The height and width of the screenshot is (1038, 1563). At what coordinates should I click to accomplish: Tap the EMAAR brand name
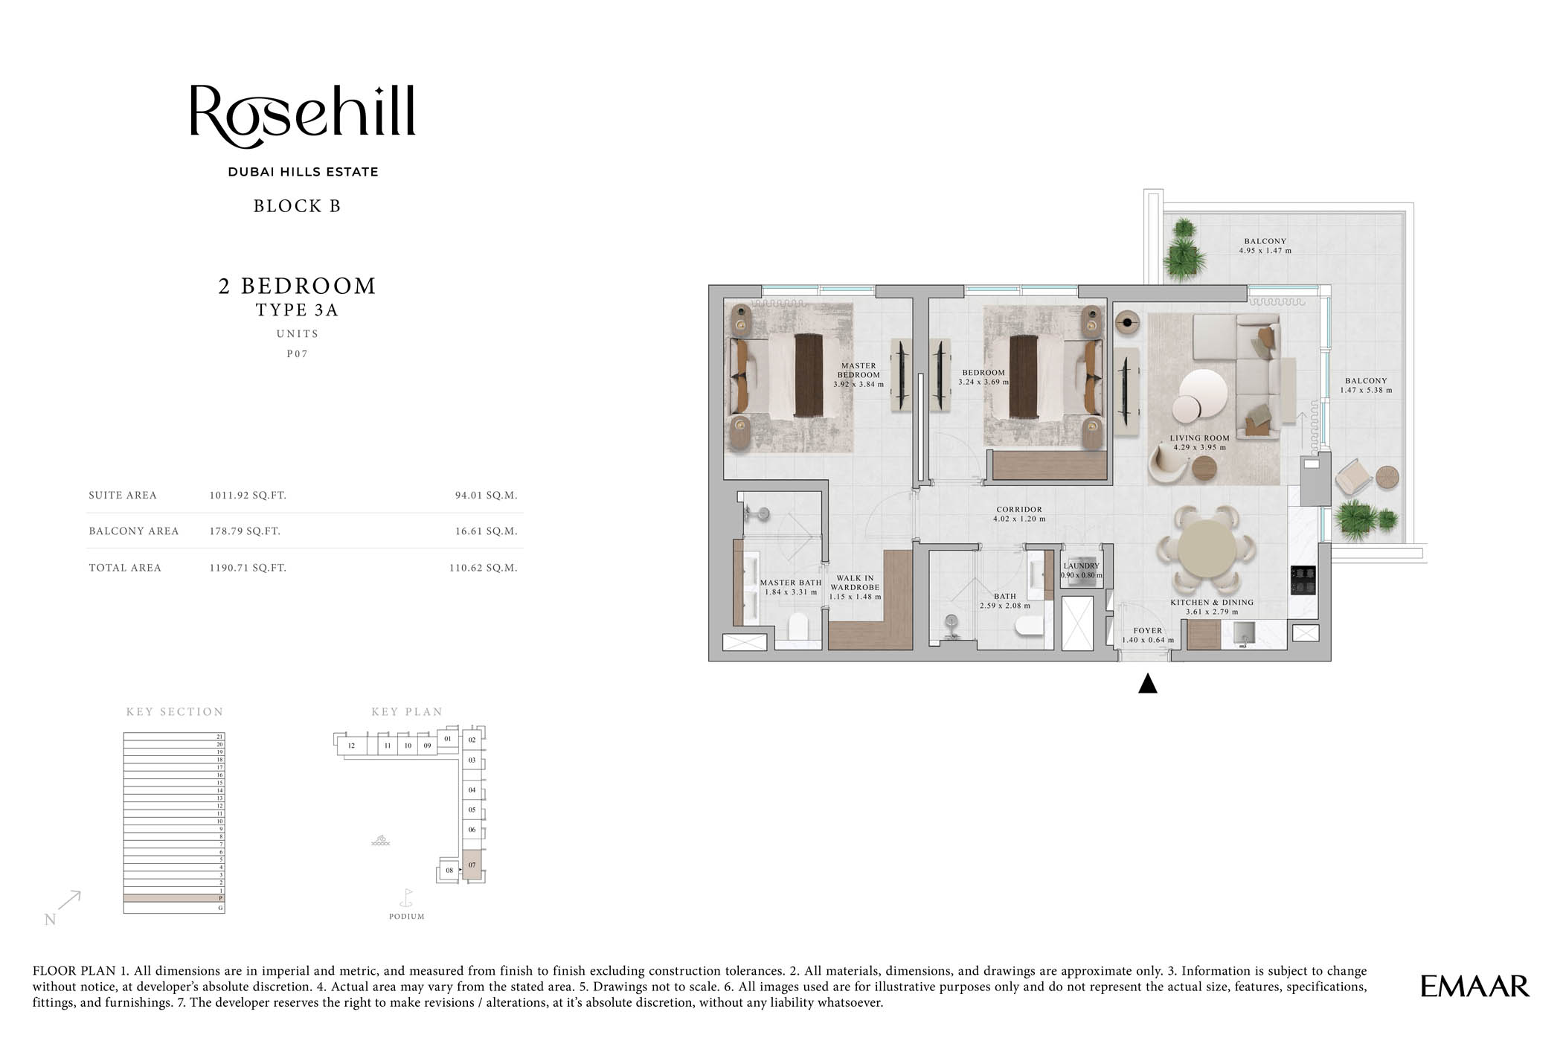pos(1474,987)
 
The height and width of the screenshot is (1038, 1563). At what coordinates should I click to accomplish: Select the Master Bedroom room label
pos(858,371)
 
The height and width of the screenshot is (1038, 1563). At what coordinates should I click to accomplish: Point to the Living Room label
pos(1199,438)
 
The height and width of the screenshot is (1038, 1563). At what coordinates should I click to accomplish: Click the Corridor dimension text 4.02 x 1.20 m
pos(1019,519)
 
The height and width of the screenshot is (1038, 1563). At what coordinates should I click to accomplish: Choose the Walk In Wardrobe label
pos(855,583)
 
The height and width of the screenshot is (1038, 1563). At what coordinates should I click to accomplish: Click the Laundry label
pos(1081,566)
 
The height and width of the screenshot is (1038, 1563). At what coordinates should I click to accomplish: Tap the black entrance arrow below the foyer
pos(1147,683)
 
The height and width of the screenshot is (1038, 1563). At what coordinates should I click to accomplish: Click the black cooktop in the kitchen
pos(1302,580)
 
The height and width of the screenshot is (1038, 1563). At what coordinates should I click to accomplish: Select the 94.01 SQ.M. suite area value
pos(486,496)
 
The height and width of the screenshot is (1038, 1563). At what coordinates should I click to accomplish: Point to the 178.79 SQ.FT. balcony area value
pos(245,531)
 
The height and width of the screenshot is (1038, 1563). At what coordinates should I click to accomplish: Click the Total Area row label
pos(125,568)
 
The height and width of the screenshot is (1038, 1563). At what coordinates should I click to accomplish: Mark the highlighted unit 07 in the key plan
pos(472,865)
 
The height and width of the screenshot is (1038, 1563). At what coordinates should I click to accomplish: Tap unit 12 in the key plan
pos(351,746)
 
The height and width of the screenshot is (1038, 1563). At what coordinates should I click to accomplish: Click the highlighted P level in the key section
pos(173,898)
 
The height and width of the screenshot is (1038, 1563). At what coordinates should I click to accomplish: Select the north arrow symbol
pos(68,901)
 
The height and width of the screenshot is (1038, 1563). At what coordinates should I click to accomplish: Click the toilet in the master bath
pos(798,627)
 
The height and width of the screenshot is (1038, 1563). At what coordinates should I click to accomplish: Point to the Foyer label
pos(1147,631)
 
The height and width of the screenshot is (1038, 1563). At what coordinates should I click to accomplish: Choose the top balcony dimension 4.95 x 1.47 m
pos(1265,251)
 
